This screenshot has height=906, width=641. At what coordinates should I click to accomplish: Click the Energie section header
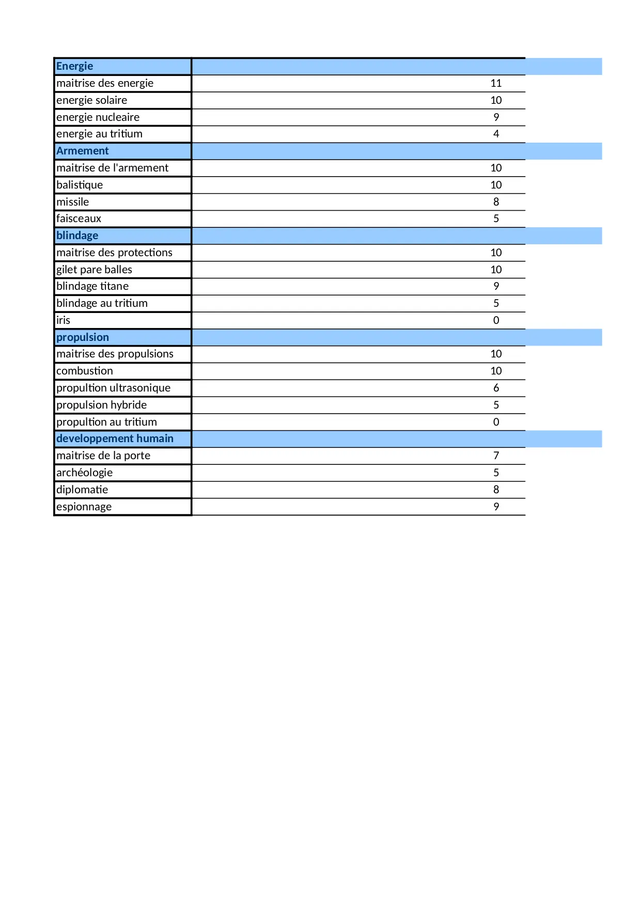point(75,66)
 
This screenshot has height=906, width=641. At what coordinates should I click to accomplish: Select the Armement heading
point(83,151)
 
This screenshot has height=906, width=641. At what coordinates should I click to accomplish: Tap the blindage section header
point(77,236)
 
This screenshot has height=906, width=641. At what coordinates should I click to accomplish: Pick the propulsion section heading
point(83,337)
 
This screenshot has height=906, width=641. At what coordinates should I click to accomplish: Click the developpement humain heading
point(115,439)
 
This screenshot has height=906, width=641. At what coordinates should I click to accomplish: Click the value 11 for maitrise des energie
point(496,83)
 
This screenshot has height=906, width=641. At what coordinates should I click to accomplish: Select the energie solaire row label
point(92,100)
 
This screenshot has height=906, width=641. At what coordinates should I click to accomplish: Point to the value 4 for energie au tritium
point(496,134)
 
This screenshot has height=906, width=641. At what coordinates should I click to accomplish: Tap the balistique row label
point(80,185)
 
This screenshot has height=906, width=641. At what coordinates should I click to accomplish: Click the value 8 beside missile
point(496,202)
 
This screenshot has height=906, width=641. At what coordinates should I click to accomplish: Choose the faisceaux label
point(79,218)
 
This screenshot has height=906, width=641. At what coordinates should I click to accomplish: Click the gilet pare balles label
point(95,270)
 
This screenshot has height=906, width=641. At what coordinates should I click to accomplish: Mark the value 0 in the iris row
point(496,320)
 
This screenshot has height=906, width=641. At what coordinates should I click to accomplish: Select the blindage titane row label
point(92,286)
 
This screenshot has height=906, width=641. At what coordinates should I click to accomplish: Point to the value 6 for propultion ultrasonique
point(496,388)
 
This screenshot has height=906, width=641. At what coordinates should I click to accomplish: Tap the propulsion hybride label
point(102,405)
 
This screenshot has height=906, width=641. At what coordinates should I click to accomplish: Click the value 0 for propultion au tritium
point(496,422)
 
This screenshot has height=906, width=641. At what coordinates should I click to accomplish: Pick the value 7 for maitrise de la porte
point(496,456)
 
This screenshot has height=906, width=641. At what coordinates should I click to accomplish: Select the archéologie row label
point(85,473)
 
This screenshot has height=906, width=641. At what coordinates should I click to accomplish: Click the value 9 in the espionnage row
point(496,507)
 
